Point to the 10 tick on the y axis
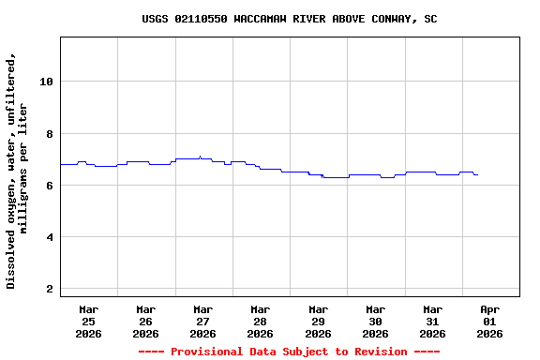click(46, 82)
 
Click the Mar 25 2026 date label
click(88, 321)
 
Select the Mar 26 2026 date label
click(145, 321)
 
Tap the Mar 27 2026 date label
click(202, 321)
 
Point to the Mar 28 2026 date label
click(260, 321)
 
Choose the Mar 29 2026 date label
click(318, 321)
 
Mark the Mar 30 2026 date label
click(375, 321)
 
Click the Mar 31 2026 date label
click(432, 321)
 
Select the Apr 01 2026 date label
click(489, 321)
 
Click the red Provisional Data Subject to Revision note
click(289, 352)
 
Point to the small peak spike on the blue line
click(200, 157)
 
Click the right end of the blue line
click(477, 174)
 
